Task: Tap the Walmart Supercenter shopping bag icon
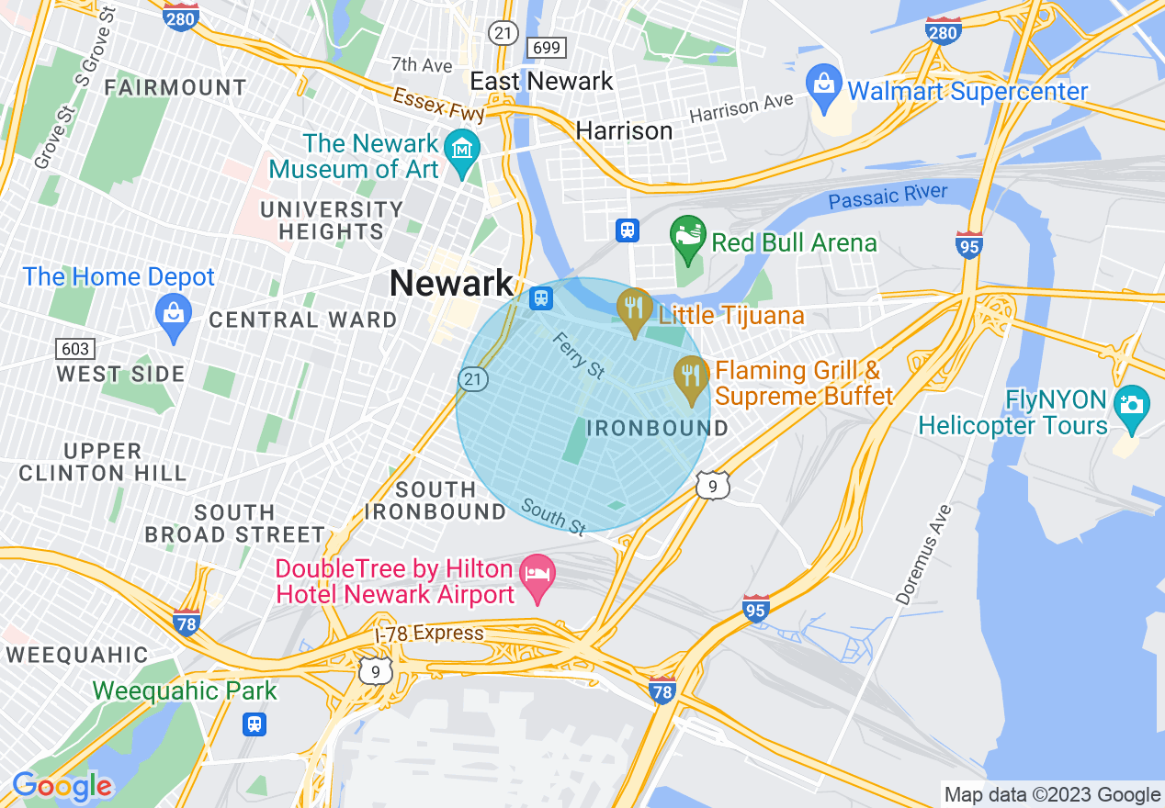[824, 83]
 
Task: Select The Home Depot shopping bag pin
[174, 313]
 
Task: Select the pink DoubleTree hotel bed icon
[537, 575]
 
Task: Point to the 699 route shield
[546, 47]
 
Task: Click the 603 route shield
[74, 348]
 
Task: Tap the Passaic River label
[888, 196]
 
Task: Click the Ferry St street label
[579, 355]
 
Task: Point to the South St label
[553, 516]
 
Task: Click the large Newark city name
[451, 283]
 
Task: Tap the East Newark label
[541, 81]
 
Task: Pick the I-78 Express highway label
[429, 634]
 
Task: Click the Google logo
[62, 786]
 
